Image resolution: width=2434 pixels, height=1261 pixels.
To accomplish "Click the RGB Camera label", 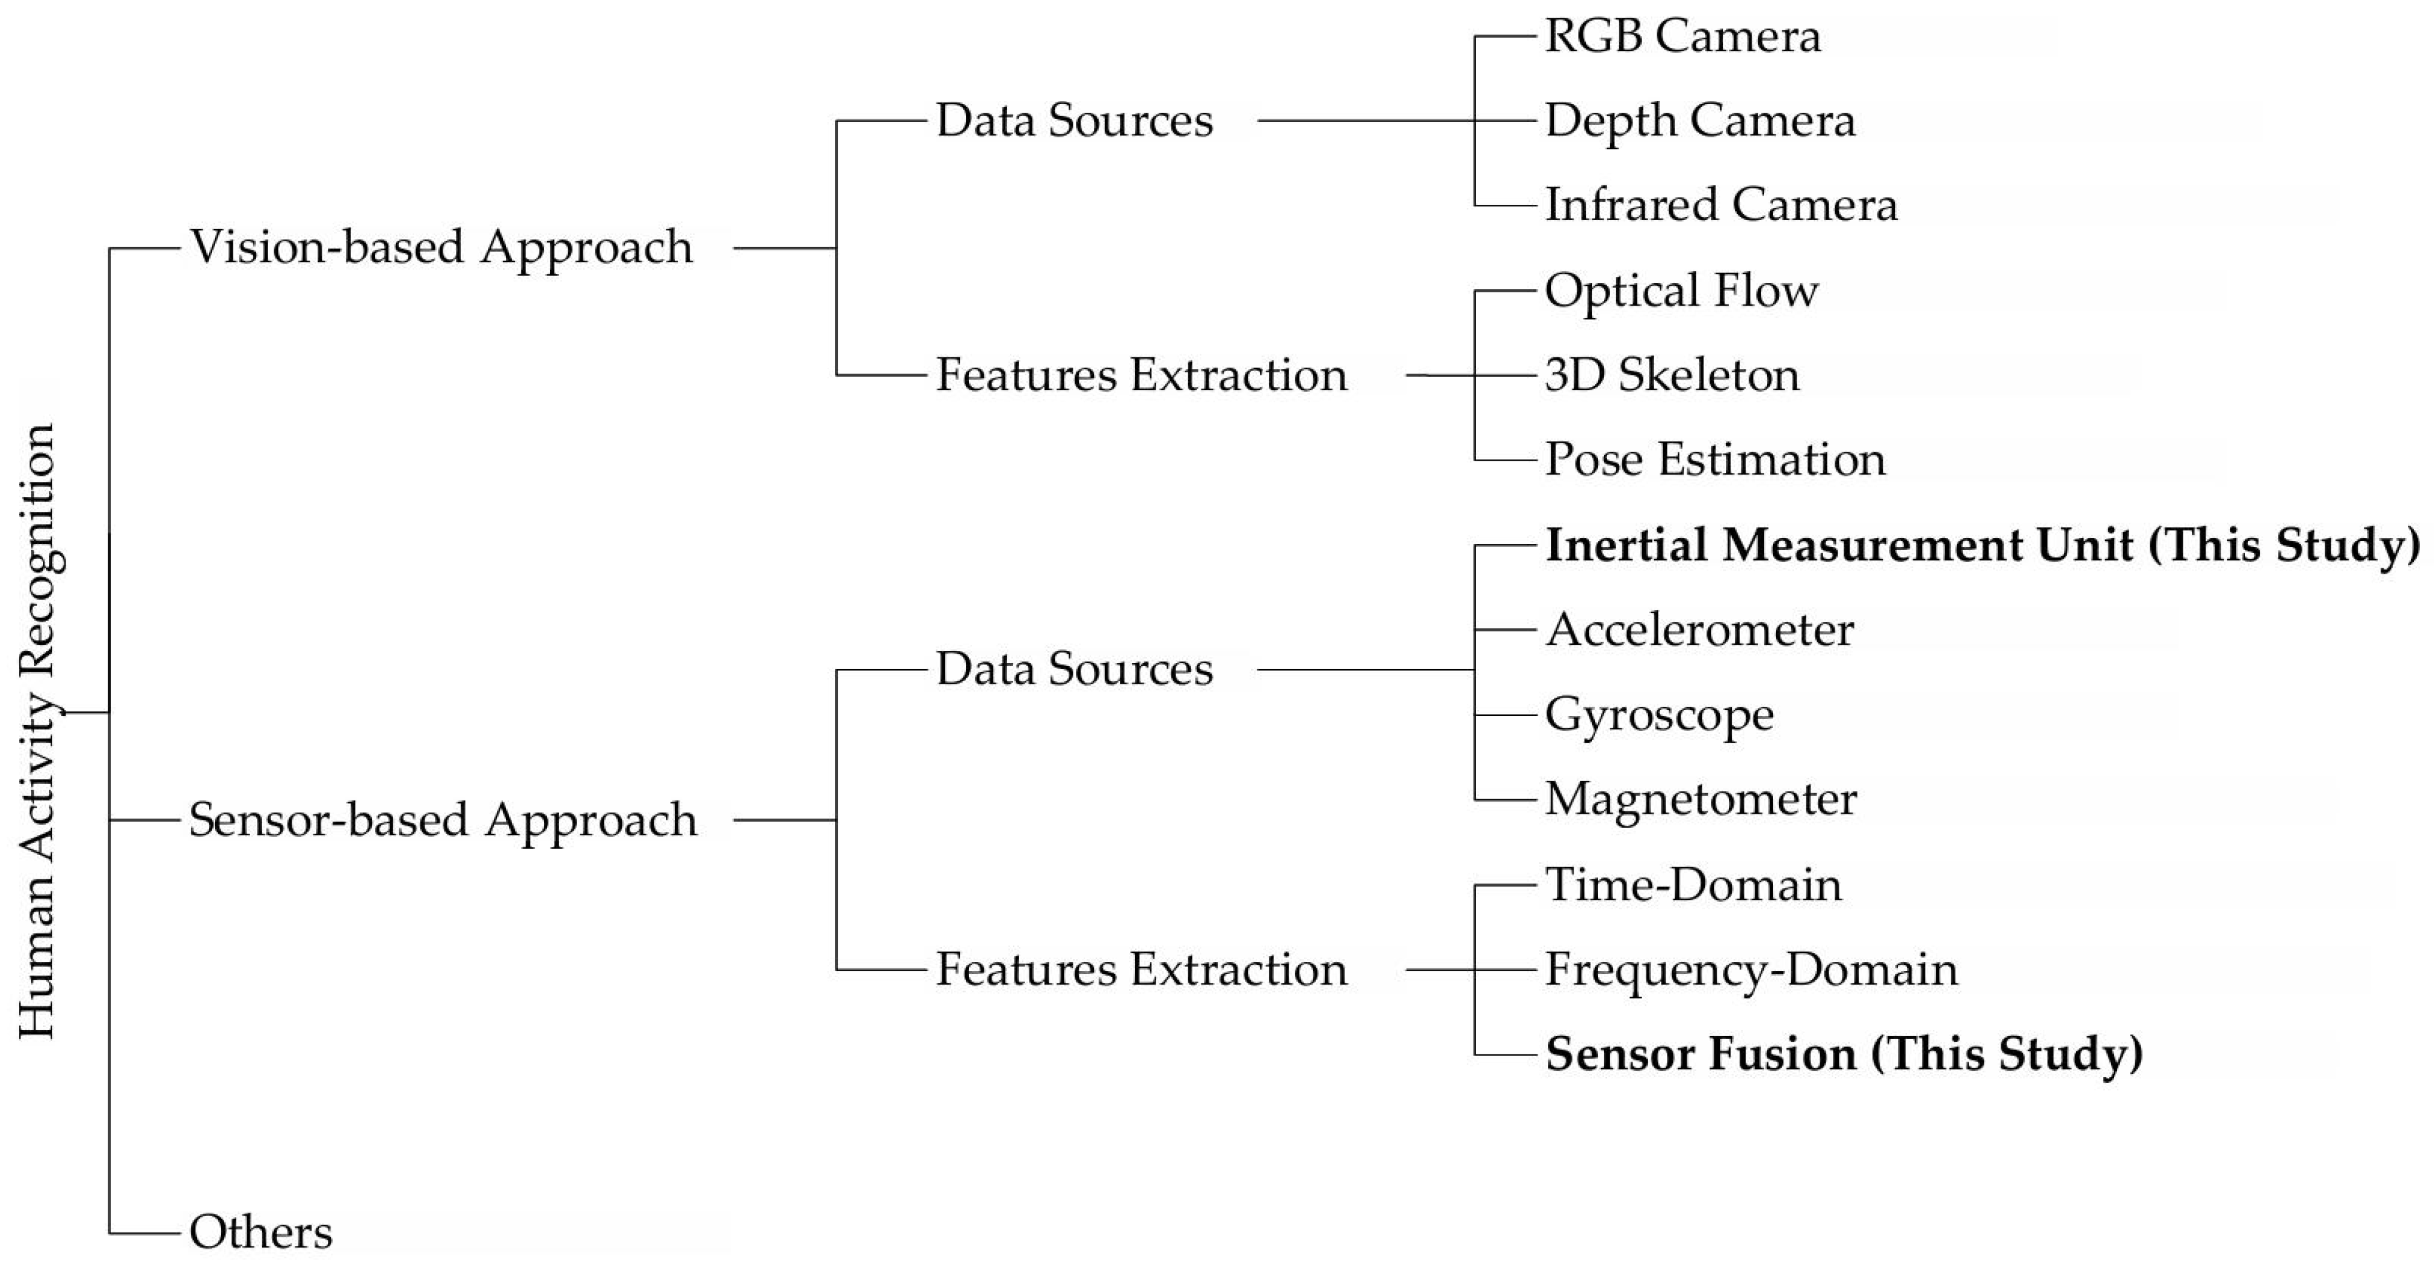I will tap(1682, 37).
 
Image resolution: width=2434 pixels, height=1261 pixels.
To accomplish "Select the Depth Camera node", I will tap(1699, 121).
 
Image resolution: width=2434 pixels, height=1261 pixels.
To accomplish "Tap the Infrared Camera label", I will tap(1719, 205).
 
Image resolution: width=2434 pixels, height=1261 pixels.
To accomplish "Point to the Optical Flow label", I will tap(1680, 290).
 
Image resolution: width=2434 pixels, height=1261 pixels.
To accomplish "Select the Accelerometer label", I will tap(1699, 630).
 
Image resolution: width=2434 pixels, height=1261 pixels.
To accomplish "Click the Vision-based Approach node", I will tap(441, 248).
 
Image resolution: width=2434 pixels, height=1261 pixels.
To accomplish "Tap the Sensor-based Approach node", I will tap(442, 820).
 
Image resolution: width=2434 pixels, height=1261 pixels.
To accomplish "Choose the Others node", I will tap(261, 1232).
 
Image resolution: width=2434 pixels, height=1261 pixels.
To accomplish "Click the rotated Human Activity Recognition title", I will tap(38, 730).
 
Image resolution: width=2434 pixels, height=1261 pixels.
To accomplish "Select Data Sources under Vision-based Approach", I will tap(1074, 121).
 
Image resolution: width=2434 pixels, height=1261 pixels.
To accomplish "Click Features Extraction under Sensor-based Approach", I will tap(1140, 970).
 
